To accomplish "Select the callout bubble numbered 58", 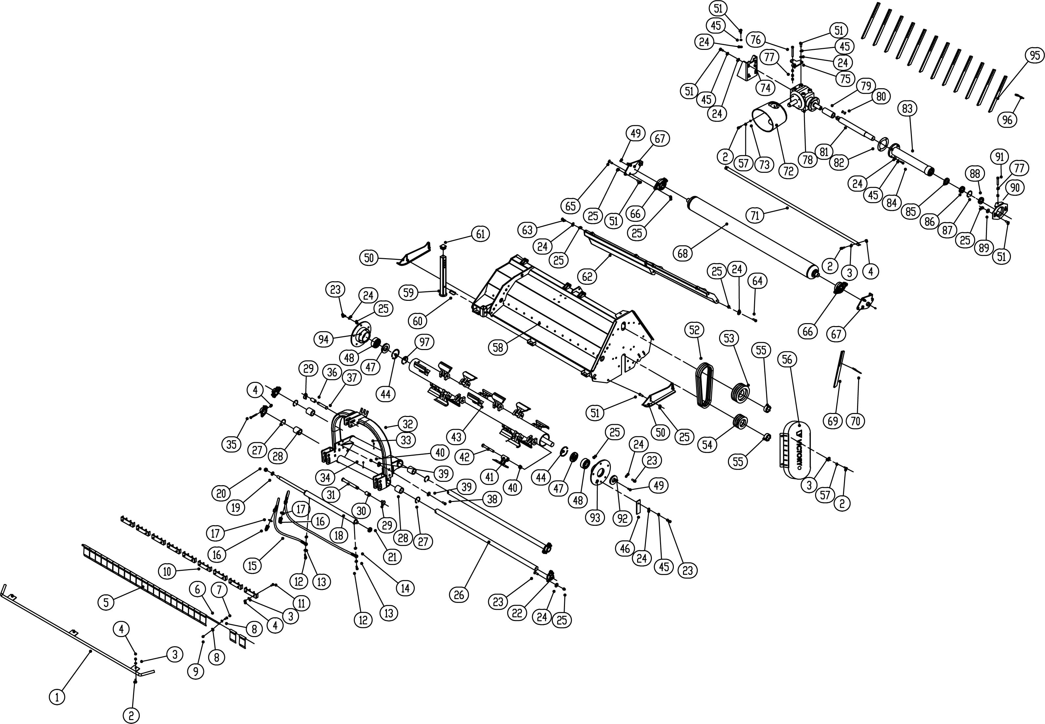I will point(498,347).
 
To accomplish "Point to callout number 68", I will point(683,253).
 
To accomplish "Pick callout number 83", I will point(907,108).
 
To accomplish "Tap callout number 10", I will point(167,571).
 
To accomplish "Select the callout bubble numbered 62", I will point(587,276).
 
